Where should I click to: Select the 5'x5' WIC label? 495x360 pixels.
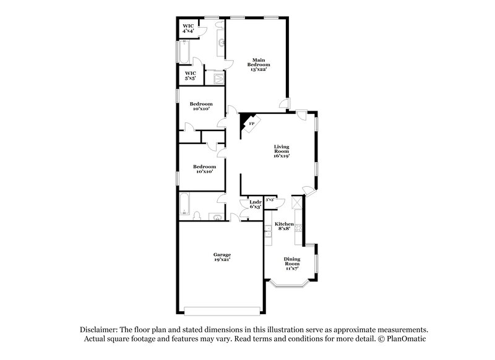tap(191, 75)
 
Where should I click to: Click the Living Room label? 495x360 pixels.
tap(282, 152)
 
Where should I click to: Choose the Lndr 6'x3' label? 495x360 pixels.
tap(254, 204)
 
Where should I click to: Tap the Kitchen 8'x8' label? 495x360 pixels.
tap(284, 226)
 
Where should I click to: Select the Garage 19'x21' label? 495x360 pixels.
tap(222, 257)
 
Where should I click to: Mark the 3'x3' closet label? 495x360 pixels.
tap(270, 200)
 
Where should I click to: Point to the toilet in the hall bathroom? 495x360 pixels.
tap(197, 216)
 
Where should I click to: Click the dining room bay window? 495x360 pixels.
tap(291, 284)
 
